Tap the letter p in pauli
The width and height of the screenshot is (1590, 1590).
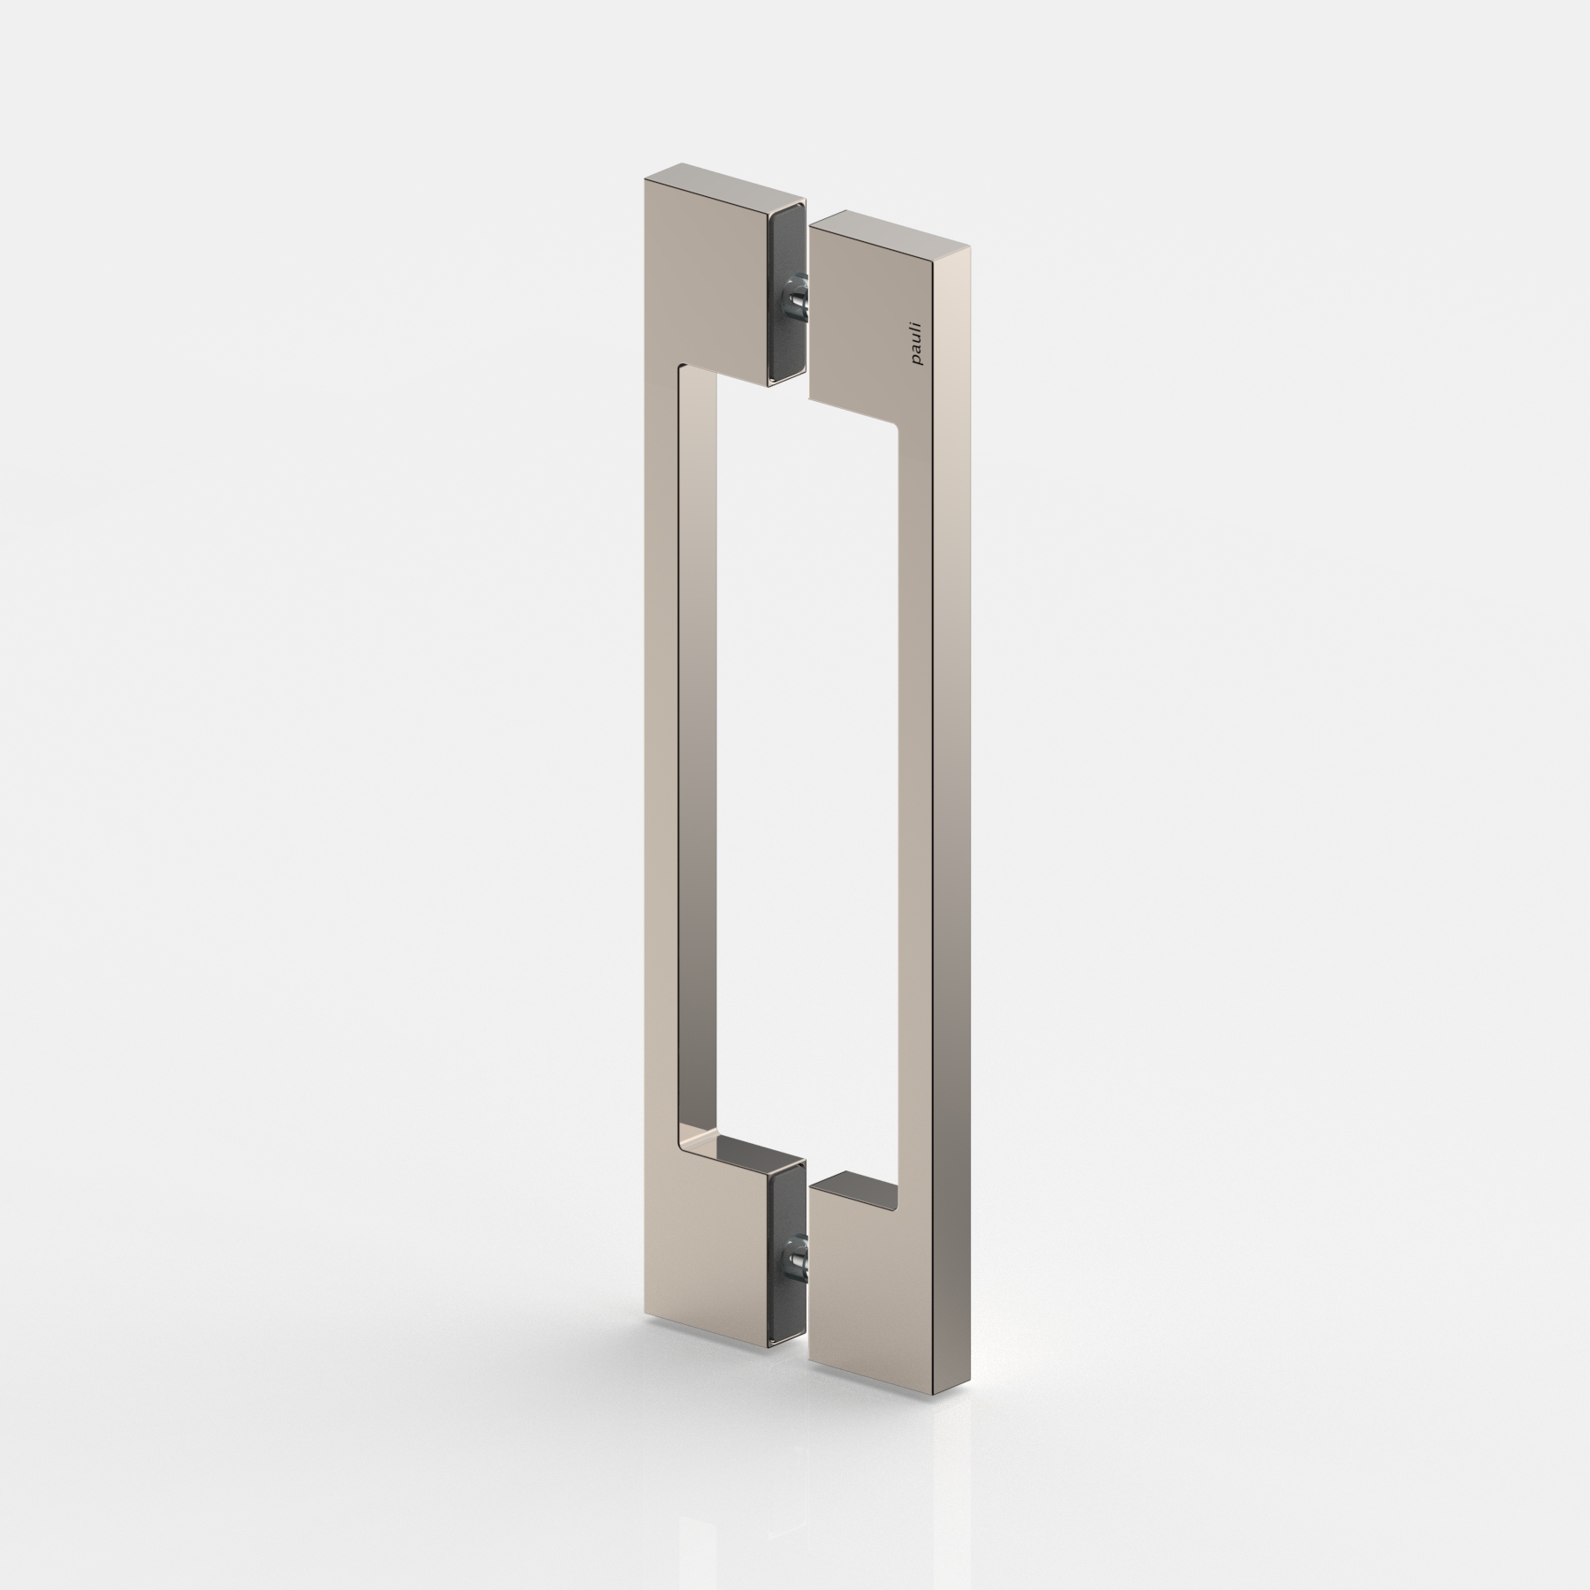coord(918,360)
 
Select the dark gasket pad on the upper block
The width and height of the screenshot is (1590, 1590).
coord(785,291)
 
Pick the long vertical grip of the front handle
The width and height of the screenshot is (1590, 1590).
coord(919,795)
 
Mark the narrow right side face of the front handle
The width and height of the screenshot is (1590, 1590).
coord(952,795)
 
